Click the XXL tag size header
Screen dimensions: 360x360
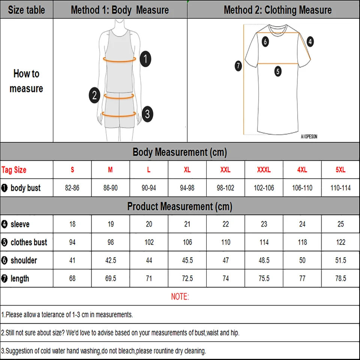pos(225,170)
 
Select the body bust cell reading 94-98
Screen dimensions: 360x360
pos(187,188)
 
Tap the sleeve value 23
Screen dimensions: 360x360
pos(264,224)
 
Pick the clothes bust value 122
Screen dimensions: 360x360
pos(340,242)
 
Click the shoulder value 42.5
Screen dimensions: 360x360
pos(111,260)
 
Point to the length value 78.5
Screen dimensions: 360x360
pos(340,279)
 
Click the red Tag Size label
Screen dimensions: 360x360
pos(14,170)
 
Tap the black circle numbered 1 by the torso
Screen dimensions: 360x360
pos(145,59)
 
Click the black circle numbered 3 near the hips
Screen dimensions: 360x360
pos(147,113)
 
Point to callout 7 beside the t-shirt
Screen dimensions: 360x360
pos(238,66)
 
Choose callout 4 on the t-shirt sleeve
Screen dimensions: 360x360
pos(310,42)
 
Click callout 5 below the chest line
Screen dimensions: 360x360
pos(277,71)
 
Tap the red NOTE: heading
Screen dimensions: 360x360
pos(180,297)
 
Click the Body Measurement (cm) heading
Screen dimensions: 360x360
pos(180,152)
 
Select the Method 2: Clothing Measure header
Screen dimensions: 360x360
pos(277,10)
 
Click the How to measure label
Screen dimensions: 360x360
pos(26,81)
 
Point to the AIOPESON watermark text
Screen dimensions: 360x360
pos(309,137)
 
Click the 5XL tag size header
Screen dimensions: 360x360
pos(340,170)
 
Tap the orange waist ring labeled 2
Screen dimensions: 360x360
pos(119,96)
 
